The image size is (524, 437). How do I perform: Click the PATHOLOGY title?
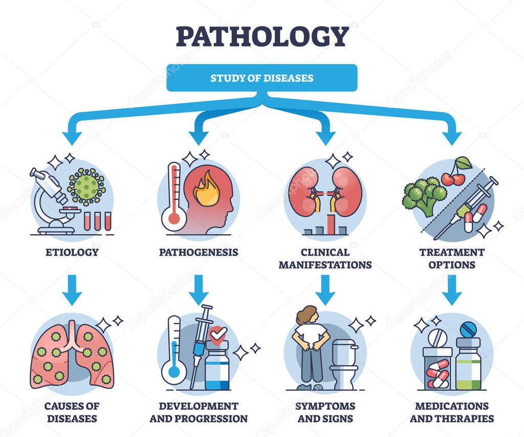[x=261, y=36]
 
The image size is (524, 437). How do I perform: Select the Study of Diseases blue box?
[x=261, y=78]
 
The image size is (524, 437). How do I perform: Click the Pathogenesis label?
[x=199, y=252]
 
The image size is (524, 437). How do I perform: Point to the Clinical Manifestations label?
[x=325, y=258]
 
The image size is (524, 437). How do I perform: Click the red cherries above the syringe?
[x=454, y=176]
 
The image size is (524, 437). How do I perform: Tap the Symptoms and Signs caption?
[x=325, y=412]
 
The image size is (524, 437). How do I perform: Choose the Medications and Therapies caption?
[x=452, y=412]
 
